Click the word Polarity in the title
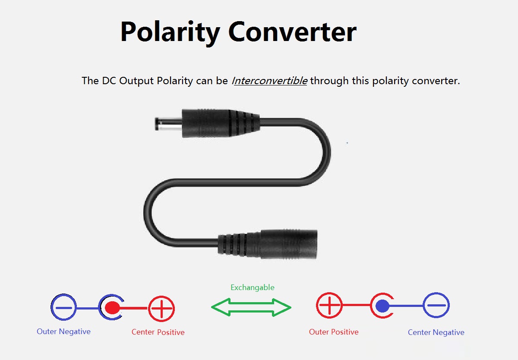170,33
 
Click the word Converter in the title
293,32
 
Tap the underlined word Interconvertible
270,81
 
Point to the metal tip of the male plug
168,125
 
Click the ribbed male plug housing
221,123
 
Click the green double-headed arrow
251,307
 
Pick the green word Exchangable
253,287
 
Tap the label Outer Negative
63,332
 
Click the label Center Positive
158,332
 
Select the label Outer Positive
334,332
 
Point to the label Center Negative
436,332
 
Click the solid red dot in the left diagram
112,308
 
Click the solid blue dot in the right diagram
382,306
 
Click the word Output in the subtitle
136,81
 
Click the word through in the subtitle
329,81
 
